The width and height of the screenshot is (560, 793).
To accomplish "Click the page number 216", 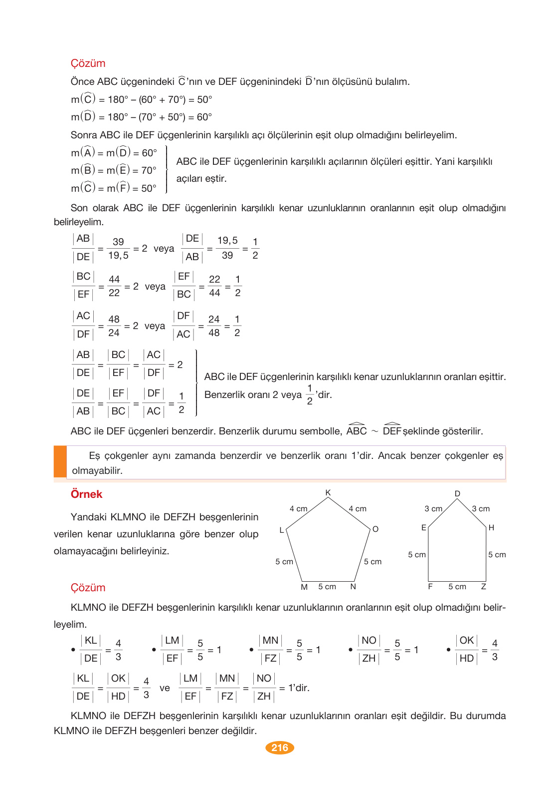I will [280, 748].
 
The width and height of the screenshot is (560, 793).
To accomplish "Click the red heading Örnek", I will [86, 494].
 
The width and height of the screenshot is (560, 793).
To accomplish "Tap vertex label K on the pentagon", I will [328, 493].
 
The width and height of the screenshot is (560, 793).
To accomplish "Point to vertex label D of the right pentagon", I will [457, 493].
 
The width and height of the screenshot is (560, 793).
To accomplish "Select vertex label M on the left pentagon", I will [304, 587].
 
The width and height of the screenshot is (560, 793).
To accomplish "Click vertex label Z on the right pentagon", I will [483, 587].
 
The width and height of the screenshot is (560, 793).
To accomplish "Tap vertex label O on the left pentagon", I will [375, 529].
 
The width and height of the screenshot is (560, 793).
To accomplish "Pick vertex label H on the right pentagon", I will [491, 528].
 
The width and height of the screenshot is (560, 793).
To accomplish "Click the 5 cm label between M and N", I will [327, 587].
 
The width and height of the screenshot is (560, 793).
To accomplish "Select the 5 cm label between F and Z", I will [457, 587].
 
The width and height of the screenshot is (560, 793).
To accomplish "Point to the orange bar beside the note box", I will [60, 462].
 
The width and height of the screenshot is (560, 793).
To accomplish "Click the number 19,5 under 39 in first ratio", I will [118, 256].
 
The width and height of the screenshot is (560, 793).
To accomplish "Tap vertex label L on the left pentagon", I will [282, 530].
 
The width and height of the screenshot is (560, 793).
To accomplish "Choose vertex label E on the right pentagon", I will [424, 528].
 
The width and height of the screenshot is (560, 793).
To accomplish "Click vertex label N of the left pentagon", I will [353, 587].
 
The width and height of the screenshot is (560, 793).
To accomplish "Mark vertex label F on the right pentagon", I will [430, 587].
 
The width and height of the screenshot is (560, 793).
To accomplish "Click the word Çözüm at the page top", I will [88, 63].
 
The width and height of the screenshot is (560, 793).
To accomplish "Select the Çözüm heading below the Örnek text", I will [88, 588].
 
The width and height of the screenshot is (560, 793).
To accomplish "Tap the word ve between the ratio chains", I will [165, 688].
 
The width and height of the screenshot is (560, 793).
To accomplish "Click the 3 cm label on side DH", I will [481, 509].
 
